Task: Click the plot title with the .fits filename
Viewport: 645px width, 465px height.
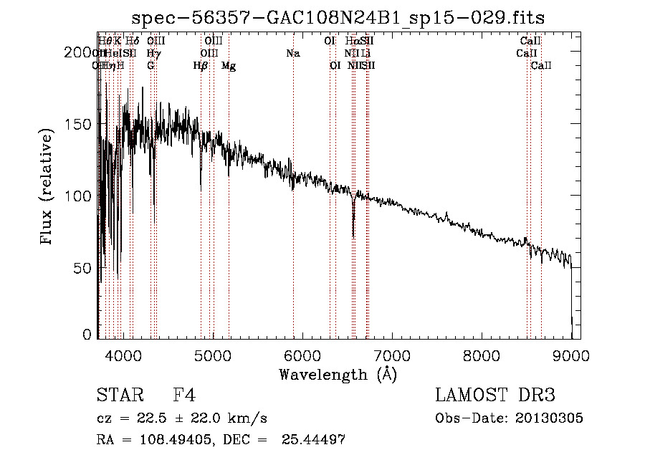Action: (343, 18)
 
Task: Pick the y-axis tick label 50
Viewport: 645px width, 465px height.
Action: (84, 267)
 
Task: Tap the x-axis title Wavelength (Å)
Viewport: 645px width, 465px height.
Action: (338, 374)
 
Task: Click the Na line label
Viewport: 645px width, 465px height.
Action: (292, 54)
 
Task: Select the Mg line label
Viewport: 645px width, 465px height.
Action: (229, 66)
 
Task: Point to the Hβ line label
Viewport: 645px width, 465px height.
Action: (201, 66)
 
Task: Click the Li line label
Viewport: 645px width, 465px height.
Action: (365, 54)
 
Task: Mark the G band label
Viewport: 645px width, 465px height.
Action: (150, 66)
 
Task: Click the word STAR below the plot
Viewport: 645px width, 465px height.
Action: (120, 395)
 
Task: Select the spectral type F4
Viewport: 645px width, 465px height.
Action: (184, 395)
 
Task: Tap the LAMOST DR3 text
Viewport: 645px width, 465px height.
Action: (495, 395)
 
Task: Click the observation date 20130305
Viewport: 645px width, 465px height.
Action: (552, 418)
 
